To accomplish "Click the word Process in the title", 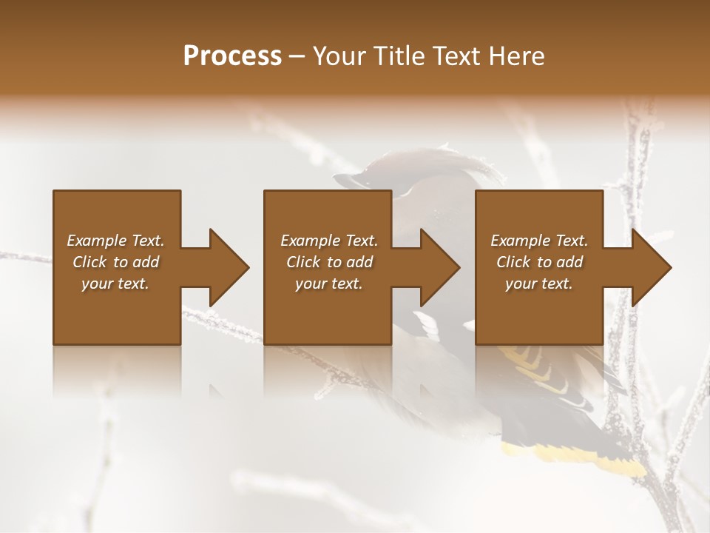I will pos(232,56).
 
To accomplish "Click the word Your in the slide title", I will pos(339,56).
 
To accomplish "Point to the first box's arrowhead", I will pos(229,267).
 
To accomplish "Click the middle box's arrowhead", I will pos(440,267).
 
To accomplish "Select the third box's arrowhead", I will pos(652,267).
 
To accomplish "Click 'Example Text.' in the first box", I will pos(115,241).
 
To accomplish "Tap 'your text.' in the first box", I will pos(115,284).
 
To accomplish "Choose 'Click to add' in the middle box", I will pos(329,262).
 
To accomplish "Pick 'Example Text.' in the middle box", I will pos(329,241).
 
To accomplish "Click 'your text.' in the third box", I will pos(539,284).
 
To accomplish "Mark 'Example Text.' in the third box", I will pos(539,241).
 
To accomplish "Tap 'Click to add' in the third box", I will pos(539,262).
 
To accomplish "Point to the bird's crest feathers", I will pos(436,159).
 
